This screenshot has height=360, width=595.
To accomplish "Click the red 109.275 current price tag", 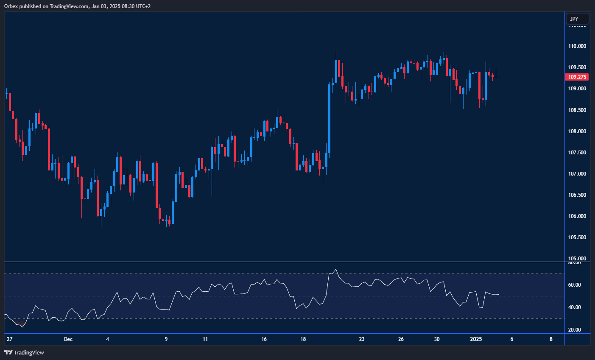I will [577, 77].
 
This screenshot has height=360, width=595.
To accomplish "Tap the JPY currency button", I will [577, 19].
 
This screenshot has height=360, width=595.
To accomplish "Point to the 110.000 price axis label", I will [577, 46].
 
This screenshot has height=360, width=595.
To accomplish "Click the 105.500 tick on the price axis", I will [577, 237].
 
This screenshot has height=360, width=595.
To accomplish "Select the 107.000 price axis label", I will [577, 174].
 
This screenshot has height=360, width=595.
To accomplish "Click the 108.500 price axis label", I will [577, 110].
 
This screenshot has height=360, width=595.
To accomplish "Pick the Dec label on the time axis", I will [68, 339].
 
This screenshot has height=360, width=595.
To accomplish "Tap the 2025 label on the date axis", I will [476, 339].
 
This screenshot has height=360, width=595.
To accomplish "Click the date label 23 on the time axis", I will [362, 339].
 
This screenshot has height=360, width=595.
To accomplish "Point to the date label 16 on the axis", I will [264, 339].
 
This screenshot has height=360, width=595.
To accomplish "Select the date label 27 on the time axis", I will [10, 339].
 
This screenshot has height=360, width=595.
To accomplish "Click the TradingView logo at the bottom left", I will [24, 352].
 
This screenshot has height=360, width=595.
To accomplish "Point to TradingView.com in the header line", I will [69, 6].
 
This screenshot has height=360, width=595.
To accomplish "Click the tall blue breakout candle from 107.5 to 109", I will [329, 118].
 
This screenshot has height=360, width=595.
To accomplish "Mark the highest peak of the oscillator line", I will [335, 269].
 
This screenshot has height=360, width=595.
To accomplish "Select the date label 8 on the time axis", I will [551, 339].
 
